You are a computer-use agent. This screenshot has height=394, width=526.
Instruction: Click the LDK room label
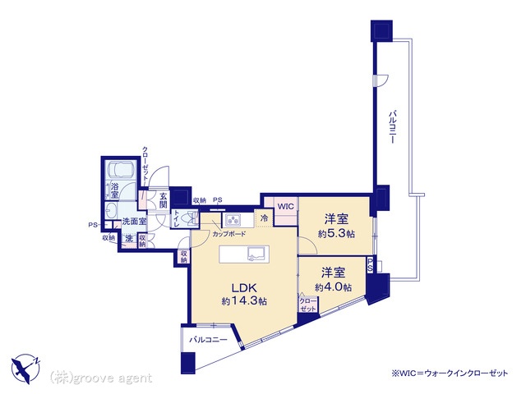(x=244, y=287)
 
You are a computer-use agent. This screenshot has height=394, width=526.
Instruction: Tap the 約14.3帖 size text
(x=244, y=301)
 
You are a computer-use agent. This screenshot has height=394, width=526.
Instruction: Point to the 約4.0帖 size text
(x=333, y=286)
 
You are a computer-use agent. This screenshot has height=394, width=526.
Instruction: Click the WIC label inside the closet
(x=285, y=206)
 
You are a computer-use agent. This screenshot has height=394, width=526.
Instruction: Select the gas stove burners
(x=233, y=219)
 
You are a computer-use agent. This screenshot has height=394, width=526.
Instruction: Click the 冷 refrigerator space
(x=264, y=218)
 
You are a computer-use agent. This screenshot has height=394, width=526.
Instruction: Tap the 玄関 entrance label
(x=164, y=200)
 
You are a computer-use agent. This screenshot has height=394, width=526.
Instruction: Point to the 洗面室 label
(x=133, y=222)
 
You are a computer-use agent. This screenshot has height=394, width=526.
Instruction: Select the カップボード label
(x=228, y=234)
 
